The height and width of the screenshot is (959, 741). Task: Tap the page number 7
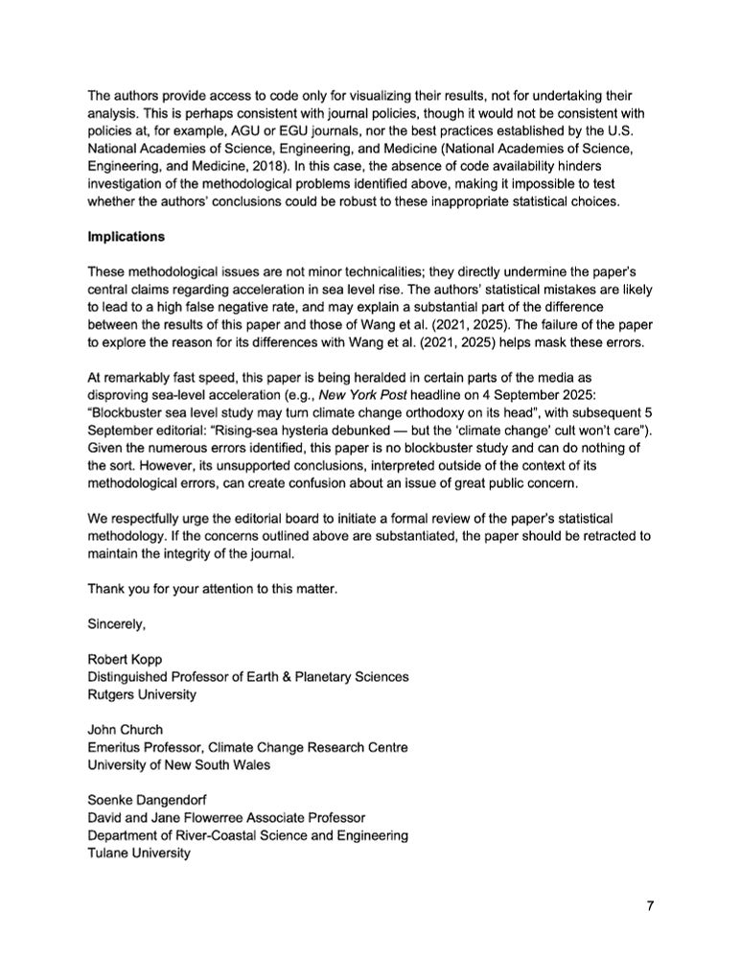[x=649, y=907]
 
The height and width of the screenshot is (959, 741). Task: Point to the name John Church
[x=127, y=730]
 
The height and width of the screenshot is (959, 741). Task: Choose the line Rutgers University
[x=142, y=694]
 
